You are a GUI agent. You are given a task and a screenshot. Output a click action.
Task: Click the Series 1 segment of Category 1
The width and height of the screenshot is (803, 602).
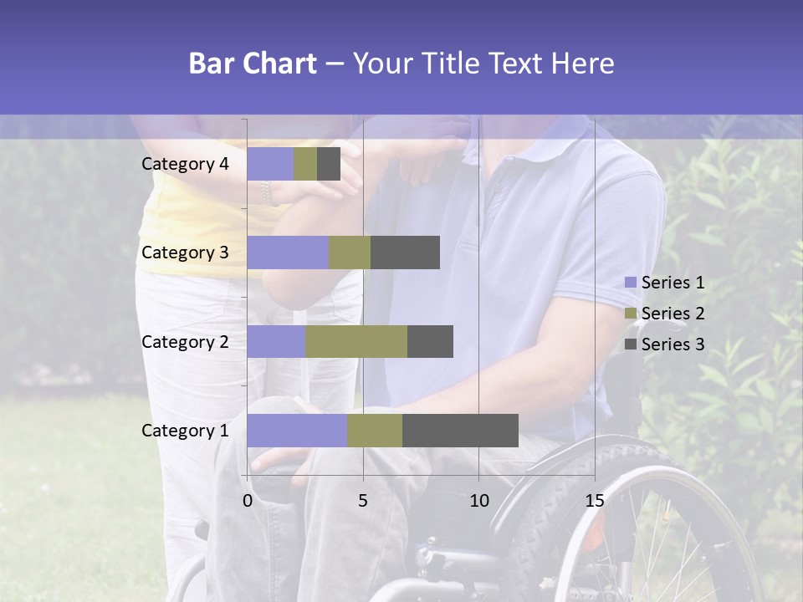tap(297, 431)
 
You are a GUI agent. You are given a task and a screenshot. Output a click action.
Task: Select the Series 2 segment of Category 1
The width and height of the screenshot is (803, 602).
tap(375, 431)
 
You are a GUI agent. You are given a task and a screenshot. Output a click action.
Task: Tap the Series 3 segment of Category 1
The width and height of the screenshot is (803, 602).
tap(460, 431)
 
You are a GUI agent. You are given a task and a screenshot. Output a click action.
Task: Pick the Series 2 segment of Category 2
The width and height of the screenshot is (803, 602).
tap(356, 341)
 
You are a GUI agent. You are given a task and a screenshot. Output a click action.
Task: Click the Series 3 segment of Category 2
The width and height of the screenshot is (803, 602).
tap(430, 341)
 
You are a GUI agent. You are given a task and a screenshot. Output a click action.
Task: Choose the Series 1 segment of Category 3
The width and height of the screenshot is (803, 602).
tap(288, 253)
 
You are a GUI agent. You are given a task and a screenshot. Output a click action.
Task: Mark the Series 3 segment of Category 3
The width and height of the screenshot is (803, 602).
tap(405, 253)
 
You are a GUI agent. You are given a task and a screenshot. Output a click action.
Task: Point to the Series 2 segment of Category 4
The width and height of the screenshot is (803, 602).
tap(305, 164)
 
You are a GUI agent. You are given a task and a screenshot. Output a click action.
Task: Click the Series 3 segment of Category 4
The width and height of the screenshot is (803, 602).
tap(329, 164)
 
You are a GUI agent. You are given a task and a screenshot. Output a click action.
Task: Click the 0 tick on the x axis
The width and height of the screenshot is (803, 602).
tap(248, 501)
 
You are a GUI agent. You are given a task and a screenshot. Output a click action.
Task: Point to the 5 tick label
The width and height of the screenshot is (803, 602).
tap(363, 501)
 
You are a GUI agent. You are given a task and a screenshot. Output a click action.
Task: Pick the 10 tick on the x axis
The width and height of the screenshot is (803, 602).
tap(478, 501)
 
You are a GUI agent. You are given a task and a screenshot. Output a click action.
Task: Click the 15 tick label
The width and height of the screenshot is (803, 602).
tap(594, 501)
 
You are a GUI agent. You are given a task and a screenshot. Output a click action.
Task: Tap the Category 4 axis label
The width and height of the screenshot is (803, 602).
tap(185, 164)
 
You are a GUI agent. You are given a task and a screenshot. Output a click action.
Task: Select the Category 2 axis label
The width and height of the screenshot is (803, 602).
tap(185, 341)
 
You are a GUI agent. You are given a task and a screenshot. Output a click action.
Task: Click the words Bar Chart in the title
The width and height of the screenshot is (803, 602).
tap(253, 64)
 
